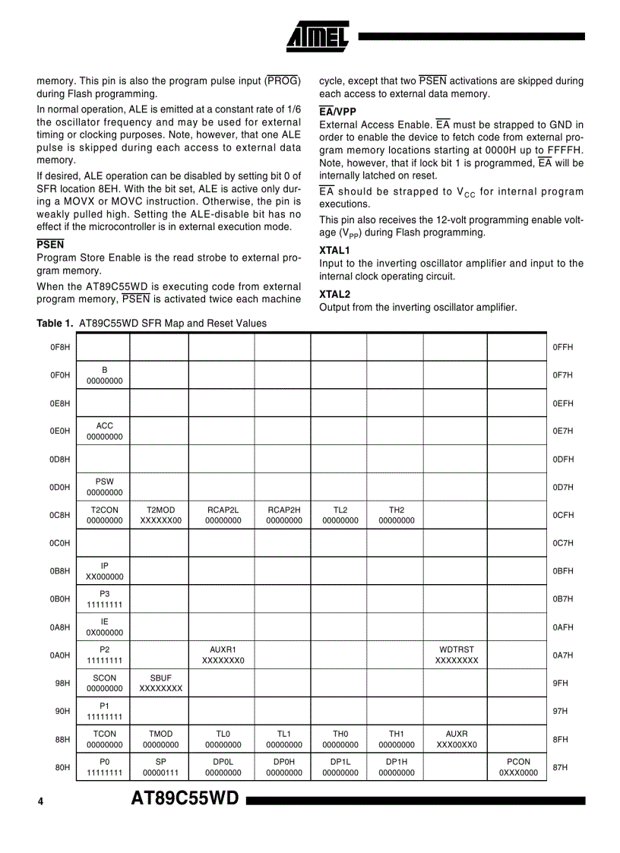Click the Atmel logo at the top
click(x=318, y=35)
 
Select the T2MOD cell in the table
click(x=160, y=515)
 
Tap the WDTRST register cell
click(x=456, y=655)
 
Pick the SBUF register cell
click(x=160, y=683)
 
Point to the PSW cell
click(x=104, y=487)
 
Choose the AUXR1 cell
click(x=223, y=655)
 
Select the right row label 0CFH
click(x=563, y=515)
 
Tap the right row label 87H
click(x=560, y=767)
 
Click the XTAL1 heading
click(x=334, y=250)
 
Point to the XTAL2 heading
click(x=334, y=294)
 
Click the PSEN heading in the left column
click(x=50, y=245)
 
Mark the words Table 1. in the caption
click(x=55, y=324)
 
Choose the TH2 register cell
click(x=396, y=515)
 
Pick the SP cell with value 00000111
click(x=160, y=767)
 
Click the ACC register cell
click(x=104, y=431)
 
